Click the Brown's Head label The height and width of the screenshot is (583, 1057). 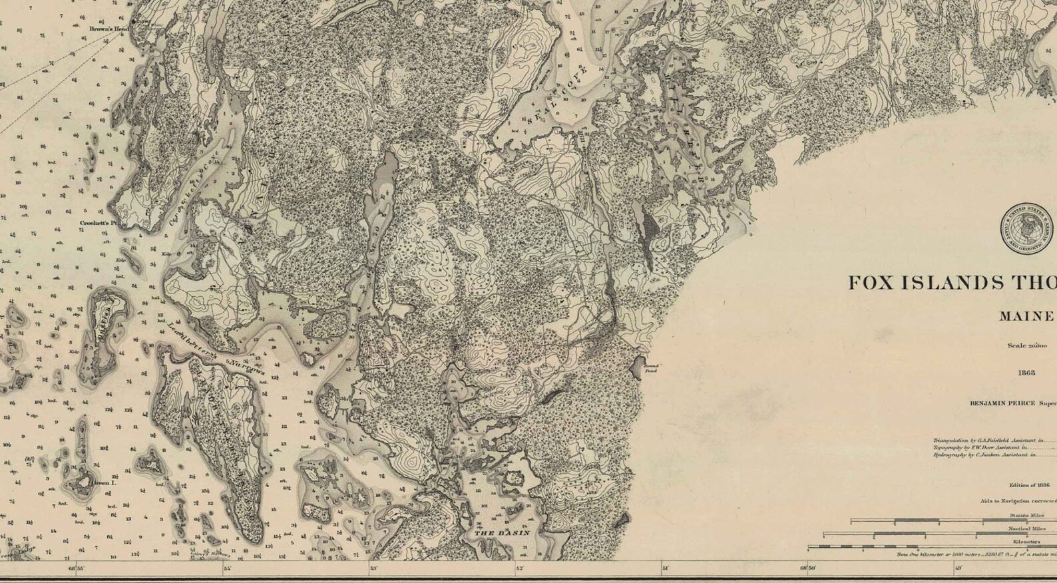coord(106,29)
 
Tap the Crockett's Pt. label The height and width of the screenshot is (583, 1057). coord(97,224)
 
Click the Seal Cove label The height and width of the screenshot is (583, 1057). coord(558,95)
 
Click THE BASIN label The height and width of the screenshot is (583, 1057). coord(501,532)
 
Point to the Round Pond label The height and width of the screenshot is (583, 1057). coord(651,367)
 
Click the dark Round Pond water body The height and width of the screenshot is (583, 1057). coord(635,363)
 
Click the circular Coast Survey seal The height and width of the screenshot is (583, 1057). coord(1027,229)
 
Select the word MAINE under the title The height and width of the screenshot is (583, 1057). coord(1027,317)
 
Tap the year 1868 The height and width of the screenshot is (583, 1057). coord(1026,373)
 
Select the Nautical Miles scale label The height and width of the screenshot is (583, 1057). coord(1026,528)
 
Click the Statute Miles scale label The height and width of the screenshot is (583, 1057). coord(1027,515)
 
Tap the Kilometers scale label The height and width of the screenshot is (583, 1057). coord(1026,542)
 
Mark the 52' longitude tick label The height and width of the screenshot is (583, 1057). coord(519,568)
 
